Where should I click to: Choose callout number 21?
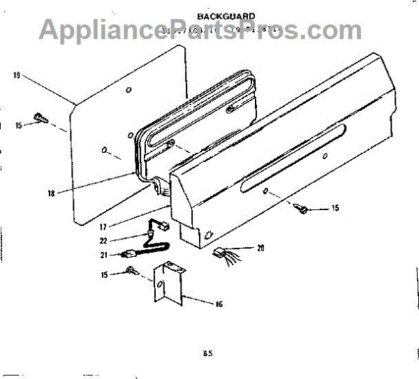point(103,255)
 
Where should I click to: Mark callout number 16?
point(219,304)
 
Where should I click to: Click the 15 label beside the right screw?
point(335,209)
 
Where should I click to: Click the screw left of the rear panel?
point(40,119)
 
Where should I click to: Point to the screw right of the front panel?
point(302,207)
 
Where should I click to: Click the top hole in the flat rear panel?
point(128,91)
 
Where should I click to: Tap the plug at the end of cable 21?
point(128,255)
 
